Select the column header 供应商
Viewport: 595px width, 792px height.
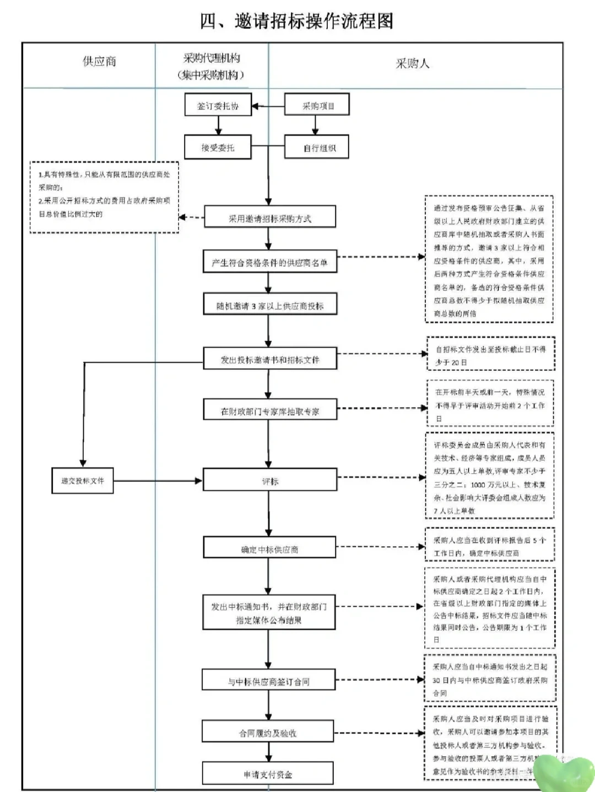99,62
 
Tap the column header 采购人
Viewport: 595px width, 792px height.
412,63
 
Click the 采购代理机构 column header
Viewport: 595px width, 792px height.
212,66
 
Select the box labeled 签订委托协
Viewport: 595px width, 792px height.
218,105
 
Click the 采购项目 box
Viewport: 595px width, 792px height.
317,105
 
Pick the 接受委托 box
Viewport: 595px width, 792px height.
218,148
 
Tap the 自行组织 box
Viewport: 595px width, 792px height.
317,148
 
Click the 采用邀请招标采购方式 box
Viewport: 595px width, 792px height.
269,218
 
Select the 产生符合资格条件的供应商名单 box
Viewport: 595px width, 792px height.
269,262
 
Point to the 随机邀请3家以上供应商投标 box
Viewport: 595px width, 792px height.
269,306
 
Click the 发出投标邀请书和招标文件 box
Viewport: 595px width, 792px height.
269,359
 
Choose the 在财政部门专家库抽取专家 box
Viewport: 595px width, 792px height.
269,411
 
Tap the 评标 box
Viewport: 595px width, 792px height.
269,481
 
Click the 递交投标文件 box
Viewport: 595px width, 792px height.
83,481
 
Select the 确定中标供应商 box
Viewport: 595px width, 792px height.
269,549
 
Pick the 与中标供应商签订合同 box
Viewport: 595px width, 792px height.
268,681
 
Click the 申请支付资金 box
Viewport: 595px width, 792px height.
268,774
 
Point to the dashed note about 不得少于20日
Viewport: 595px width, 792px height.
490,355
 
